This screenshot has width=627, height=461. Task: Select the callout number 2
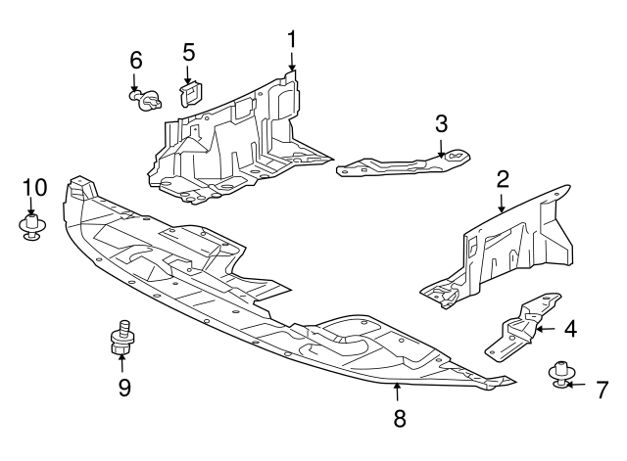pos(503,179)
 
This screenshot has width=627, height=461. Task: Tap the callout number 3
pos(442,123)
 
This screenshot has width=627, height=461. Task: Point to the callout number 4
pos(569,329)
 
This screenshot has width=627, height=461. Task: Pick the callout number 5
pos(189,52)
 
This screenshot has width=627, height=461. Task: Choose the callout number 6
pos(136,60)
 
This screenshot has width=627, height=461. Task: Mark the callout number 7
pos(603,389)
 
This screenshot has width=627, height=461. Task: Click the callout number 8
pos(398,418)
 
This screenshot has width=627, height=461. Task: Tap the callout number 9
pos(124,388)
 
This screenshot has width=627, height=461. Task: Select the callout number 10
pos(34,186)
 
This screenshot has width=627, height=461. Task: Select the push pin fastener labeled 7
pos(559,374)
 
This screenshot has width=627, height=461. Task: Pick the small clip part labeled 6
pos(147,98)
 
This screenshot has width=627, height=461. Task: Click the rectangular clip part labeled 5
pos(189,92)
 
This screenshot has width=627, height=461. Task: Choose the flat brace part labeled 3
pos(402,163)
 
